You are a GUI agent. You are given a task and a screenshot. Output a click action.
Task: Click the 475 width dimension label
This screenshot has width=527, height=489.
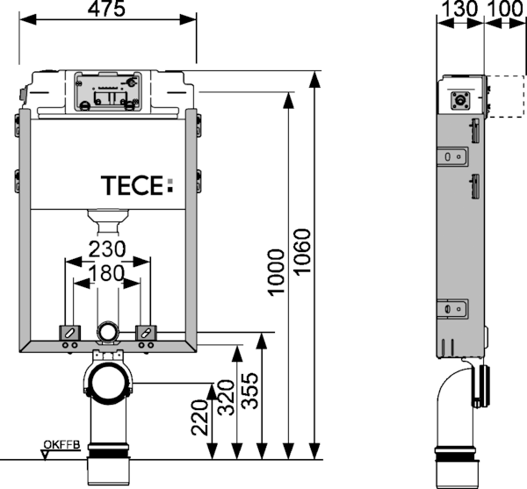[x=106, y=9]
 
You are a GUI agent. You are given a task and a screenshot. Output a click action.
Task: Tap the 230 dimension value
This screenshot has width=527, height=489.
[x=107, y=249]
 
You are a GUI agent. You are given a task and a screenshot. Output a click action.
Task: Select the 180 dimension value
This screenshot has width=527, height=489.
[x=107, y=273]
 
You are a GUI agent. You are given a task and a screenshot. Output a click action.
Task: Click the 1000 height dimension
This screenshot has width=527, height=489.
[x=277, y=272]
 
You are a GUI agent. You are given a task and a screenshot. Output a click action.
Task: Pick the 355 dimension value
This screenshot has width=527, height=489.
[x=250, y=391]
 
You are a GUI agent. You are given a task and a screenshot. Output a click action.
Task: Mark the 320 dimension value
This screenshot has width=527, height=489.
[x=226, y=398]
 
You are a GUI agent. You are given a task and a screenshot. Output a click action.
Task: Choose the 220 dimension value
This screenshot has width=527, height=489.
[x=199, y=417]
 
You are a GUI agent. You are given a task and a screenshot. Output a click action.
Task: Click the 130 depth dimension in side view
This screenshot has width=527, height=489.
[x=458, y=9]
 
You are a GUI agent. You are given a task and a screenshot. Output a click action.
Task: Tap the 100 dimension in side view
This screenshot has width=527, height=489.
[x=505, y=9]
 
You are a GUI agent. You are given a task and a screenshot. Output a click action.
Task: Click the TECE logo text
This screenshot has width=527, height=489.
[x=137, y=185]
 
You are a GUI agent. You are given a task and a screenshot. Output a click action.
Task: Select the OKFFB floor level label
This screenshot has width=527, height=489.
[x=61, y=445]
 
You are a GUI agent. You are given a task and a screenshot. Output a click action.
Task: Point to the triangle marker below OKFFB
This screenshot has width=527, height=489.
[x=45, y=456]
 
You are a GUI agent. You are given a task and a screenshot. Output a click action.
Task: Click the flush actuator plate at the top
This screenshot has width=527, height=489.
[x=108, y=91]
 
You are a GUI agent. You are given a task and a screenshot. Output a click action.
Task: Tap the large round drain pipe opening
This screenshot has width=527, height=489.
[x=108, y=383]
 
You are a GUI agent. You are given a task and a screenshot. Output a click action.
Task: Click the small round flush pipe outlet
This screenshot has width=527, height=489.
[x=107, y=332]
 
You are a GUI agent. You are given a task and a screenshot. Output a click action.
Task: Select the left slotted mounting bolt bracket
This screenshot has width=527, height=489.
[x=70, y=333]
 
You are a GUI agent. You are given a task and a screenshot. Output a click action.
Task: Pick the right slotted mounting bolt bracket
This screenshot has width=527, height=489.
[x=146, y=333]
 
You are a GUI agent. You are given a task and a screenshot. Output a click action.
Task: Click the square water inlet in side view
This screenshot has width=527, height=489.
[x=459, y=100]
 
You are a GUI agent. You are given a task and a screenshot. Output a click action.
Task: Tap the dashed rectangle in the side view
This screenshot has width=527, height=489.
[x=504, y=97]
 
